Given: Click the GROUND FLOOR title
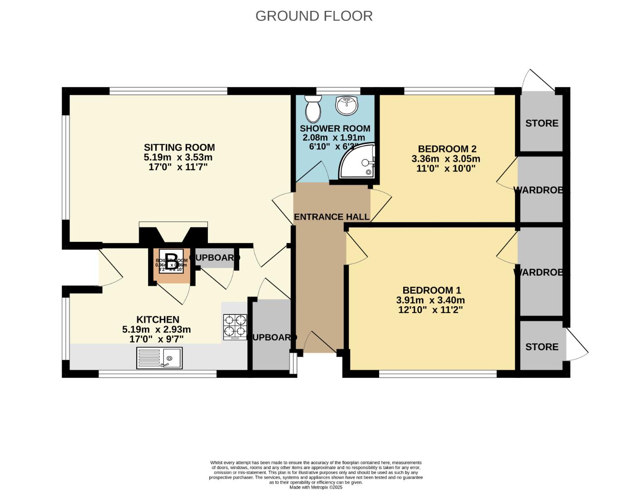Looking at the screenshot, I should click(x=314, y=16).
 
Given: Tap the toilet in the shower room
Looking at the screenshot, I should click(x=313, y=108).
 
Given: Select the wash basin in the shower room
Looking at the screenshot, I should click(x=347, y=106).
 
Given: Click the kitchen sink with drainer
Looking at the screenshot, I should click(x=159, y=358).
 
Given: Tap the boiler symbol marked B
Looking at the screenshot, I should click(x=171, y=261).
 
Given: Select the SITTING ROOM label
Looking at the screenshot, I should click(x=179, y=147).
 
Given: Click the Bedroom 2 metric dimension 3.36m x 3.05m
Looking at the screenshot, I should click(x=446, y=159).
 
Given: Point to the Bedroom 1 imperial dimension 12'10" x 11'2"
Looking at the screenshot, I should click(x=430, y=310).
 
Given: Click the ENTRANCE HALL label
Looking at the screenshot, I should click(x=332, y=217).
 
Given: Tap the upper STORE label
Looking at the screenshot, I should click(x=542, y=123).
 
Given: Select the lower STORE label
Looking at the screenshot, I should click(x=542, y=347).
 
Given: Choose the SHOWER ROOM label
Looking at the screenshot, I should click(x=335, y=128).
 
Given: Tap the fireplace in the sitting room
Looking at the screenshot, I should click(x=173, y=234).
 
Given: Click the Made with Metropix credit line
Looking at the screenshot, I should click(x=316, y=487).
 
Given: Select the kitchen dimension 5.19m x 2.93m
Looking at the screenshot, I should click(x=156, y=329).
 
